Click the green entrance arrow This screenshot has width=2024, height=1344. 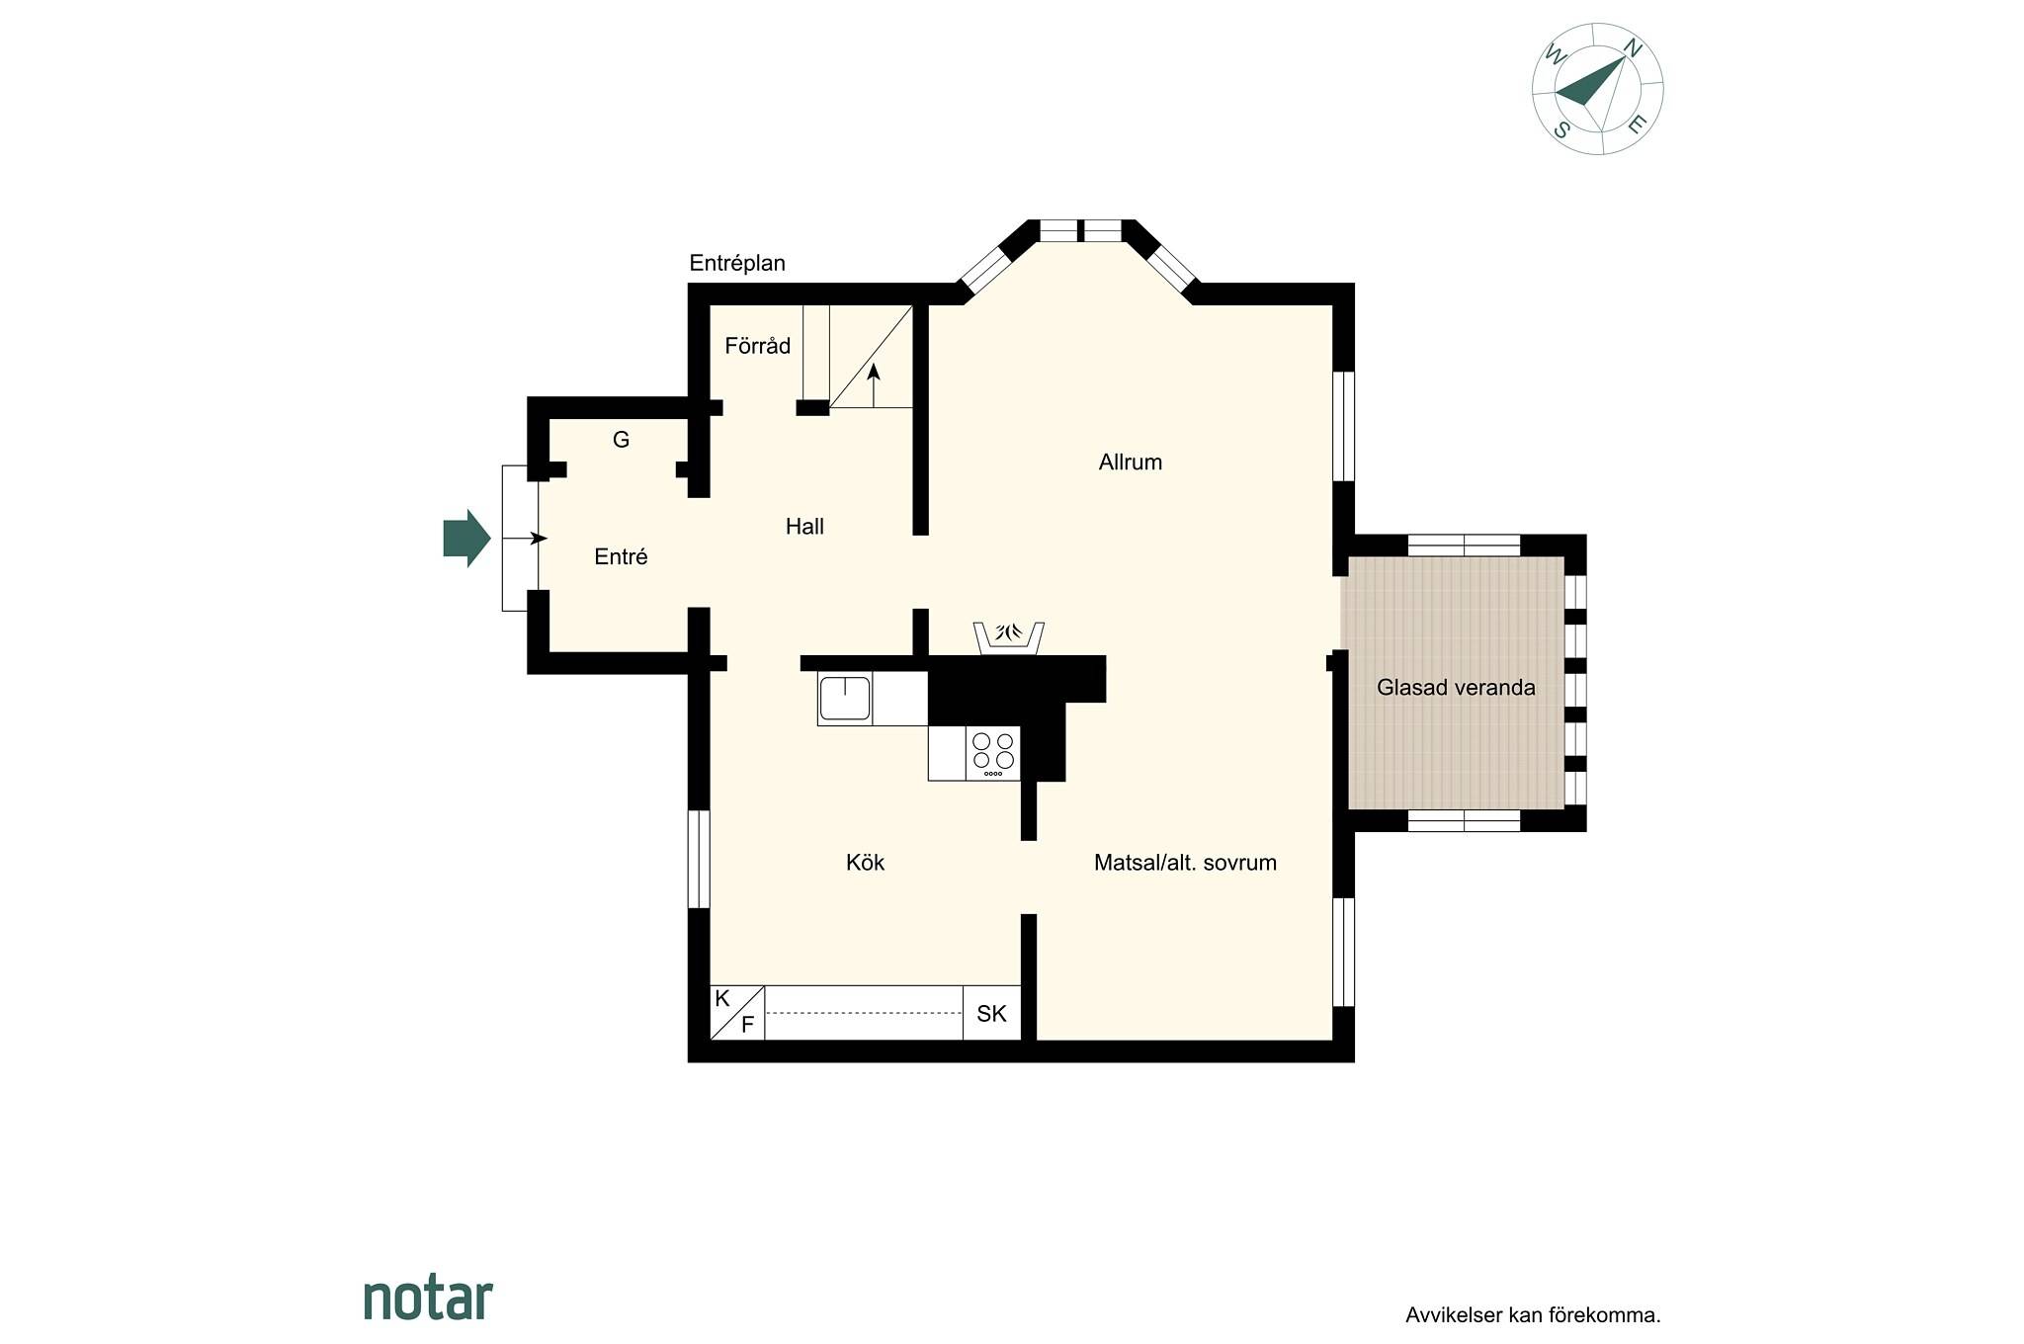tap(466, 539)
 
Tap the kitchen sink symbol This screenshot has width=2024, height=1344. tap(845, 699)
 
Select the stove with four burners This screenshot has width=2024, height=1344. tap(993, 753)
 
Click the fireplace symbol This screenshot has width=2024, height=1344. tap(1008, 637)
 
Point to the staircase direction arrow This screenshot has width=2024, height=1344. tap(874, 385)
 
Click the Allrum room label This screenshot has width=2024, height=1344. tap(1130, 462)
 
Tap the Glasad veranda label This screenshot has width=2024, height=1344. tap(1456, 688)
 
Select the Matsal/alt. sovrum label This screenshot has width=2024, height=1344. tap(1185, 863)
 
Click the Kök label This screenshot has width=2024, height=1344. tap(865, 863)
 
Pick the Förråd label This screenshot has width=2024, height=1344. tap(757, 346)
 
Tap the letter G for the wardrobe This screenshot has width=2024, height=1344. tap(621, 440)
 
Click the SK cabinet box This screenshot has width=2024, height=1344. tap(992, 1013)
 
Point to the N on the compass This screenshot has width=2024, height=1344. tap(1633, 47)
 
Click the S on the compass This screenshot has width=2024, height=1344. tap(1562, 129)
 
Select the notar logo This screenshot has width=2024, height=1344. tap(428, 1298)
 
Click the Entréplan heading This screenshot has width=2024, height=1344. tap(737, 263)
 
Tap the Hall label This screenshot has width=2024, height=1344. tap(804, 527)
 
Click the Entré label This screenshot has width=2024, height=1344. tap(621, 557)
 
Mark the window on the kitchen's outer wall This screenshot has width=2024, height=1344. tap(699, 859)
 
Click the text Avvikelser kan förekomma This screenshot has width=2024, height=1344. tap(1533, 1315)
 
